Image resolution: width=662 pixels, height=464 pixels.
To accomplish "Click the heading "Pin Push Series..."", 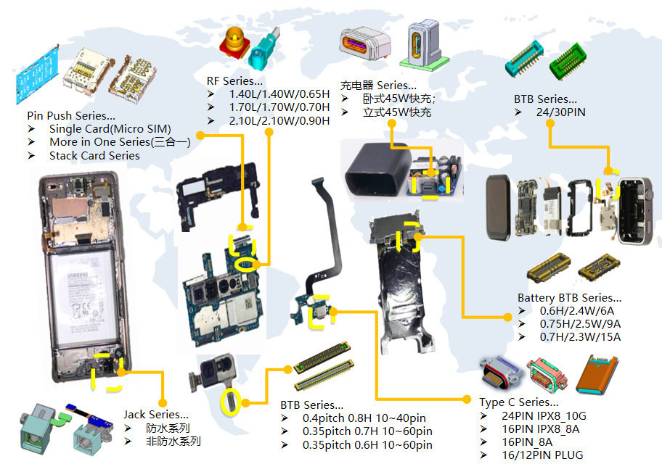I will tap(70, 115).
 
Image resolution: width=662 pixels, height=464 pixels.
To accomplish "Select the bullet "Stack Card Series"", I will tap(94, 155).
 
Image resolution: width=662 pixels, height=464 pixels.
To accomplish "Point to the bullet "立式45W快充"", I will tap(397, 112).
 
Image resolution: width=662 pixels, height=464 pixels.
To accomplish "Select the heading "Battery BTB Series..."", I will tap(569, 298).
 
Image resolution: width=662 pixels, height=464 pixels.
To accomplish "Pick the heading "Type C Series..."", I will tap(518, 402).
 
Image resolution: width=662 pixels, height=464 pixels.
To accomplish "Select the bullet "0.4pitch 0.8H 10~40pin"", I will tap(364, 418).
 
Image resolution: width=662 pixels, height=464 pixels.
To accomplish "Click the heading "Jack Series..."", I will tap(155, 415).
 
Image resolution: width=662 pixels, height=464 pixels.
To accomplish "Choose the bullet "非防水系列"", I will tap(173, 441).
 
